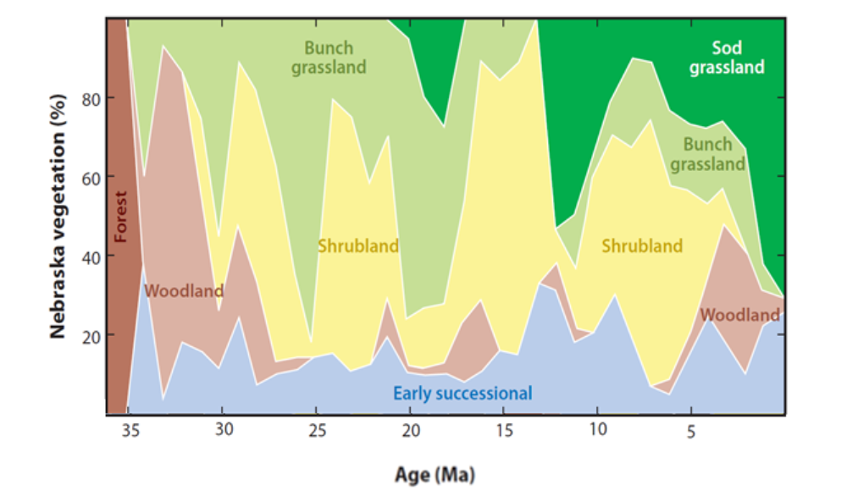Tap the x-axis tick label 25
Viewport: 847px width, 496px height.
[316, 430]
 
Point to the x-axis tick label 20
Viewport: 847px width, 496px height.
[410, 430]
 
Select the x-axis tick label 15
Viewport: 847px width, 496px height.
[503, 430]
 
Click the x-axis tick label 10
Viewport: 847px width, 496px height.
[597, 430]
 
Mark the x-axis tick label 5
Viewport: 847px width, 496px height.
[691, 431]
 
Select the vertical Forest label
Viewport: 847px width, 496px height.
[120, 215]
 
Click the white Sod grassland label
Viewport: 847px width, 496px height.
[727, 58]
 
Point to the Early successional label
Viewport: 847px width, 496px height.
[462, 393]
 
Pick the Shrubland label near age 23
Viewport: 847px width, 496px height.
[358, 246]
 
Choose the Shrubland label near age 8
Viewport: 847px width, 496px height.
[642, 246]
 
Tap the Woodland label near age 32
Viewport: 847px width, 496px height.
[185, 291]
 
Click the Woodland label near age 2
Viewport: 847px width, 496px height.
[739, 315]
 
